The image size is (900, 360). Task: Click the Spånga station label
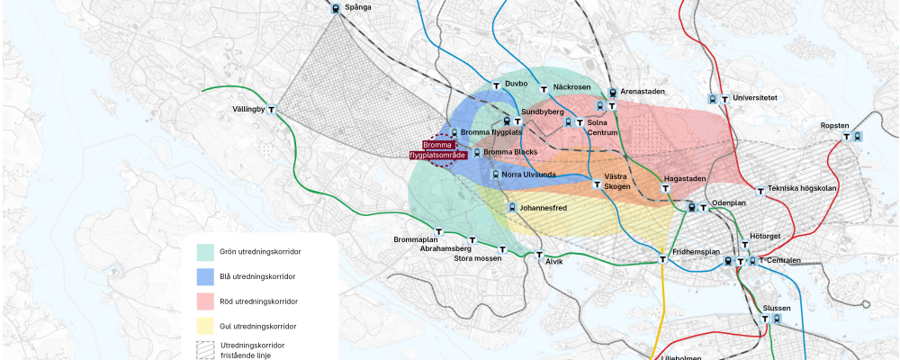pos(358,7)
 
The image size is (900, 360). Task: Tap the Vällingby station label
pos(248,109)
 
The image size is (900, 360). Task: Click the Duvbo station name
pos(516,84)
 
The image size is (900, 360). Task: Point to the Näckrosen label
pos(571,86)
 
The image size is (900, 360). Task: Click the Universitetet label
pos(755,97)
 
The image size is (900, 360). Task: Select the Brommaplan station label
pos(415,239)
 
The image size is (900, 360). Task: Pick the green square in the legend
pos(205,251)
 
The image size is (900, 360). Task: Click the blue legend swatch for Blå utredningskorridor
pos(205,276)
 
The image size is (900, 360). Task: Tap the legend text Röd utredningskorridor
pos(258,301)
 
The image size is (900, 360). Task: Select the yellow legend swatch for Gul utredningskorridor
pos(205,326)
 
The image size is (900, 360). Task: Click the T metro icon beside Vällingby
pos(272,110)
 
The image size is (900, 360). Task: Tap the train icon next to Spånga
pos(336,8)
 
